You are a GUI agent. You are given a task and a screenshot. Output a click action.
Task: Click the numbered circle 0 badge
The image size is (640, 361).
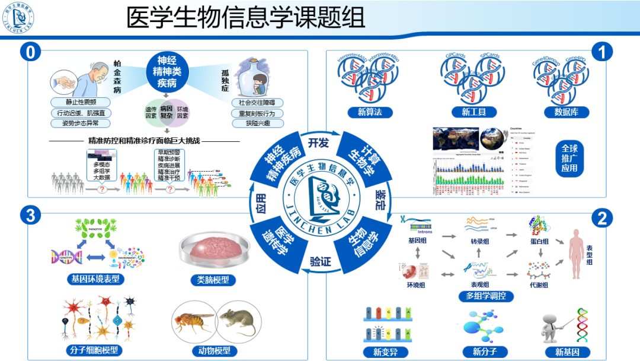click(x=30, y=52)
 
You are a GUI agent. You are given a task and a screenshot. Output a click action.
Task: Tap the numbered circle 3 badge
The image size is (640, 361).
click(x=30, y=215)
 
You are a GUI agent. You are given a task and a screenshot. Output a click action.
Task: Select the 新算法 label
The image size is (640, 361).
click(x=369, y=112)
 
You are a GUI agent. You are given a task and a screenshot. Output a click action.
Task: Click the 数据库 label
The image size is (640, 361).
click(x=566, y=112)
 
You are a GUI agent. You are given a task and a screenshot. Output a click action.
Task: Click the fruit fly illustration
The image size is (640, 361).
click(x=193, y=322)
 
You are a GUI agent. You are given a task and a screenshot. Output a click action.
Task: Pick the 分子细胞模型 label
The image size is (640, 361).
click(x=94, y=350)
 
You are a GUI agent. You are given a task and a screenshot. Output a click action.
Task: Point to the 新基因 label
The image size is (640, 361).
click(x=567, y=351)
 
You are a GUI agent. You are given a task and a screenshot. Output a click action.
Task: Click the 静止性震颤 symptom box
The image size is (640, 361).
click(x=80, y=102)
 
